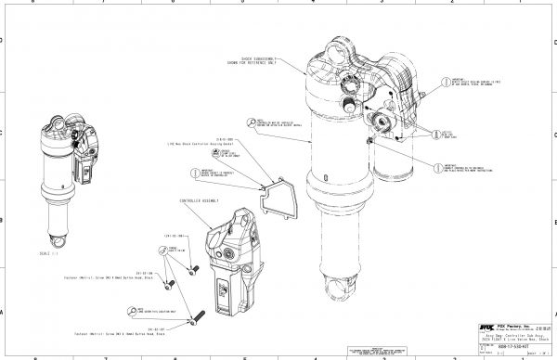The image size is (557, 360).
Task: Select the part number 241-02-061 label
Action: point(176,236)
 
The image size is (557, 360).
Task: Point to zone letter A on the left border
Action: point(4,312)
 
